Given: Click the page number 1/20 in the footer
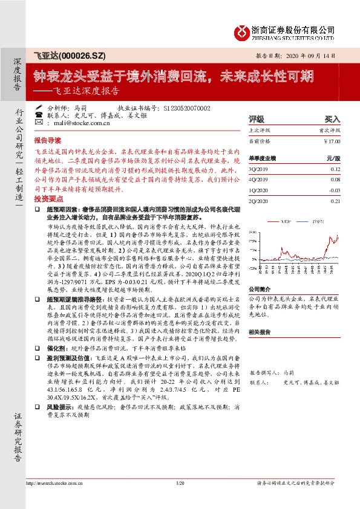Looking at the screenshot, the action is [180, 500].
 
